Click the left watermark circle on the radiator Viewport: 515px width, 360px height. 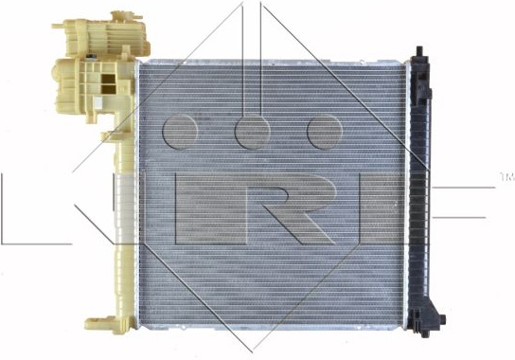tap(180, 132)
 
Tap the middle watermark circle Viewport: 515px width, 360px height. tap(252, 132)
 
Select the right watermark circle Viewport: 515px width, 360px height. tap(325, 132)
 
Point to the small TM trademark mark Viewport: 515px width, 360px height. tap(506, 177)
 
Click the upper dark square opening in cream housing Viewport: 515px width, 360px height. tap(108, 79)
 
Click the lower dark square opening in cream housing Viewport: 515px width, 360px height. tap(108, 89)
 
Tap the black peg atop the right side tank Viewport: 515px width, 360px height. tap(419, 51)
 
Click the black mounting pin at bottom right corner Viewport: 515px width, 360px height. tap(442, 318)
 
